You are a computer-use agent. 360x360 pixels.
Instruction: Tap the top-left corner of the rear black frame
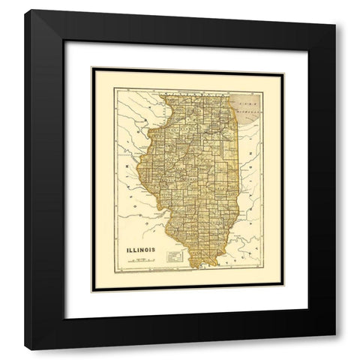tap(24, 9)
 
